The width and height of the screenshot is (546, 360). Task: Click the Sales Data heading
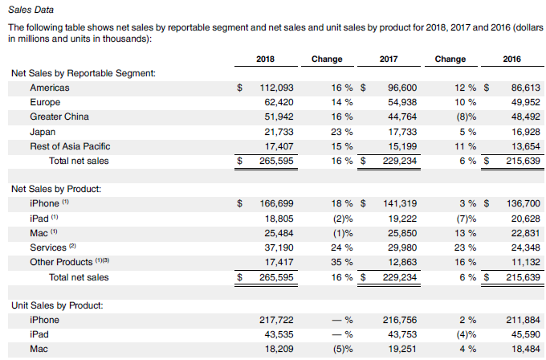click(x=31, y=9)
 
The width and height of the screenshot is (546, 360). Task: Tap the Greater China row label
click(x=59, y=117)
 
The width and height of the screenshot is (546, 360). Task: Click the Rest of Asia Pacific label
click(x=70, y=146)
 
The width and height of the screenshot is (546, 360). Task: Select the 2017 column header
click(x=389, y=59)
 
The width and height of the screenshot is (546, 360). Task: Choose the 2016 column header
click(x=511, y=59)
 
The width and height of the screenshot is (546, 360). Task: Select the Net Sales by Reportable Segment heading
click(x=83, y=73)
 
